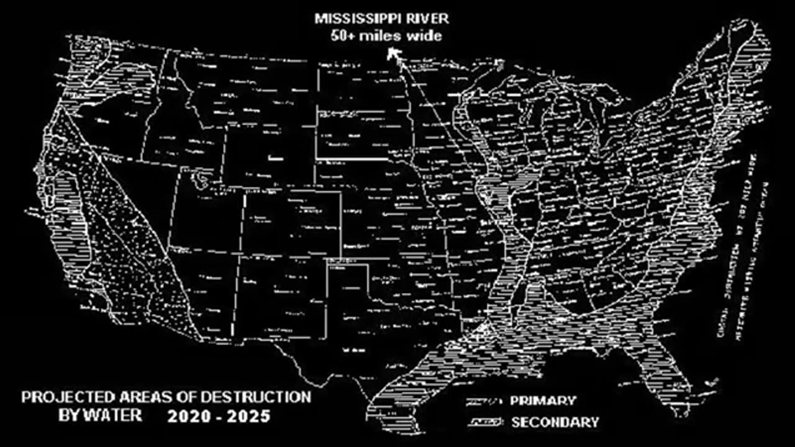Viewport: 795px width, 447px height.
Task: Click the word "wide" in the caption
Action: [x=424, y=36]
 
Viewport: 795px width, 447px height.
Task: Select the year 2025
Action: [x=248, y=416]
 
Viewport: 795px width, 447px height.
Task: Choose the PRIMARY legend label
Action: [x=543, y=401]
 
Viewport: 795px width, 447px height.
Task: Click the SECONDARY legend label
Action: [x=555, y=423]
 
